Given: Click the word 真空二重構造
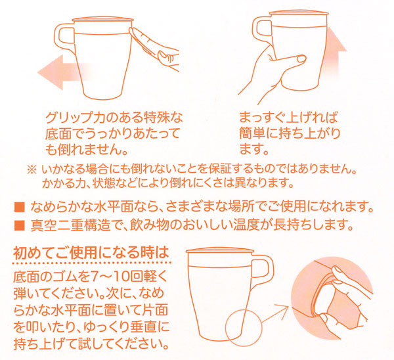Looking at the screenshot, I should coord(65,226).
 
